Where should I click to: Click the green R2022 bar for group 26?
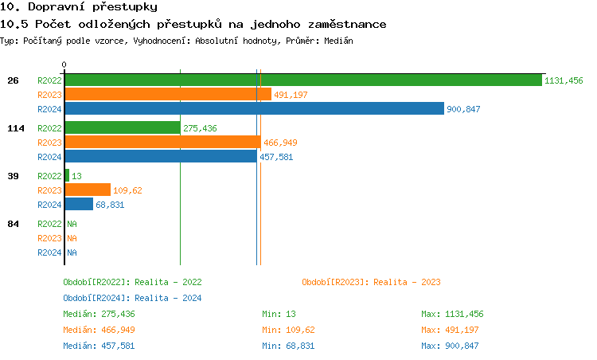coord(302,80)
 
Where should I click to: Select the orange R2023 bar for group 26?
coord(167,94)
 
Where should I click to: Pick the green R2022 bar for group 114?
coord(122,127)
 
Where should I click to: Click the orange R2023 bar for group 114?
coord(162,142)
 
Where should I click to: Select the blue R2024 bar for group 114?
coord(160,156)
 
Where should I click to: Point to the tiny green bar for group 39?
coord(67,175)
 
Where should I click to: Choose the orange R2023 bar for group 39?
coord(87,190)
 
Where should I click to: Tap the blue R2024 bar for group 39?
coord(78,204)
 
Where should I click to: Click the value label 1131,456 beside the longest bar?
coord(564,80)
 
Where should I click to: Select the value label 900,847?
coord(463,109)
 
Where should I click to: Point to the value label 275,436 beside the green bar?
coord(200,128)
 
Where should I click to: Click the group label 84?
coord(13,224)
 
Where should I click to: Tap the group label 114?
coord(15,128)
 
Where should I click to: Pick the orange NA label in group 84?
coord(72,238)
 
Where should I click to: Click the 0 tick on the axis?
coord(64,65)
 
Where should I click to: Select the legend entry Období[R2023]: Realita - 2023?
coord(371,282)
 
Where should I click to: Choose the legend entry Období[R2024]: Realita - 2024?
coord(132,298)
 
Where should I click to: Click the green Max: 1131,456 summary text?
coord(452,314)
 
